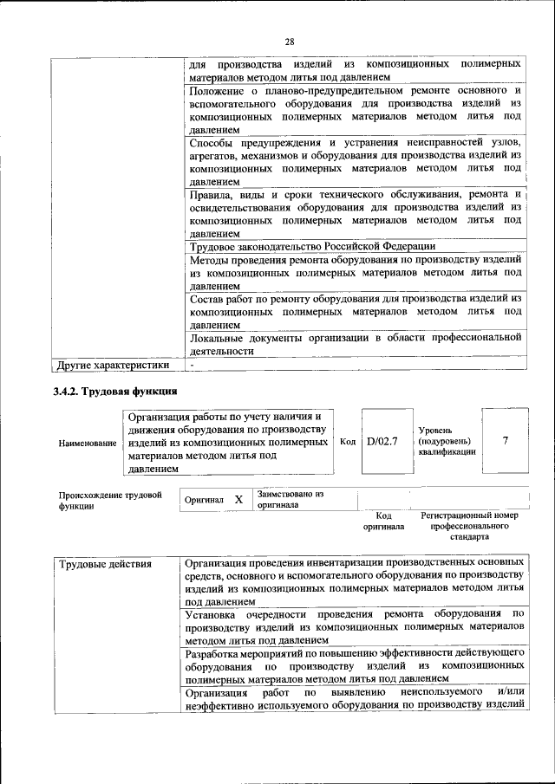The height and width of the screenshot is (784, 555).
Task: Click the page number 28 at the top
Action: (x=290, y=41)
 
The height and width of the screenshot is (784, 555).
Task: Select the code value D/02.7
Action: (x=382, y=441)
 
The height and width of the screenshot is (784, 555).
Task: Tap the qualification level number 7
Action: (x=505, y=441)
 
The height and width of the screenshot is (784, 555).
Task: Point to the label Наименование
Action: (x=88, y=443)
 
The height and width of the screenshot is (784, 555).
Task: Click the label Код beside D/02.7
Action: (x=347, y=442)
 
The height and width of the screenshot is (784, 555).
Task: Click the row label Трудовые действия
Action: (x=104, y=565)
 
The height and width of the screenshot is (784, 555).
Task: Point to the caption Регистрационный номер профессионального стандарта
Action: (x=469, y=526)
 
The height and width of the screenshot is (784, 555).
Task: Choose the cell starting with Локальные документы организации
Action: (x=355, y=344)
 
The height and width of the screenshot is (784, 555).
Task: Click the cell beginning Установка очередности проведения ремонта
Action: (x=355, y=626)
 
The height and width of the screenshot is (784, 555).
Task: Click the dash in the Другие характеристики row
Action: (x=193, y=365)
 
